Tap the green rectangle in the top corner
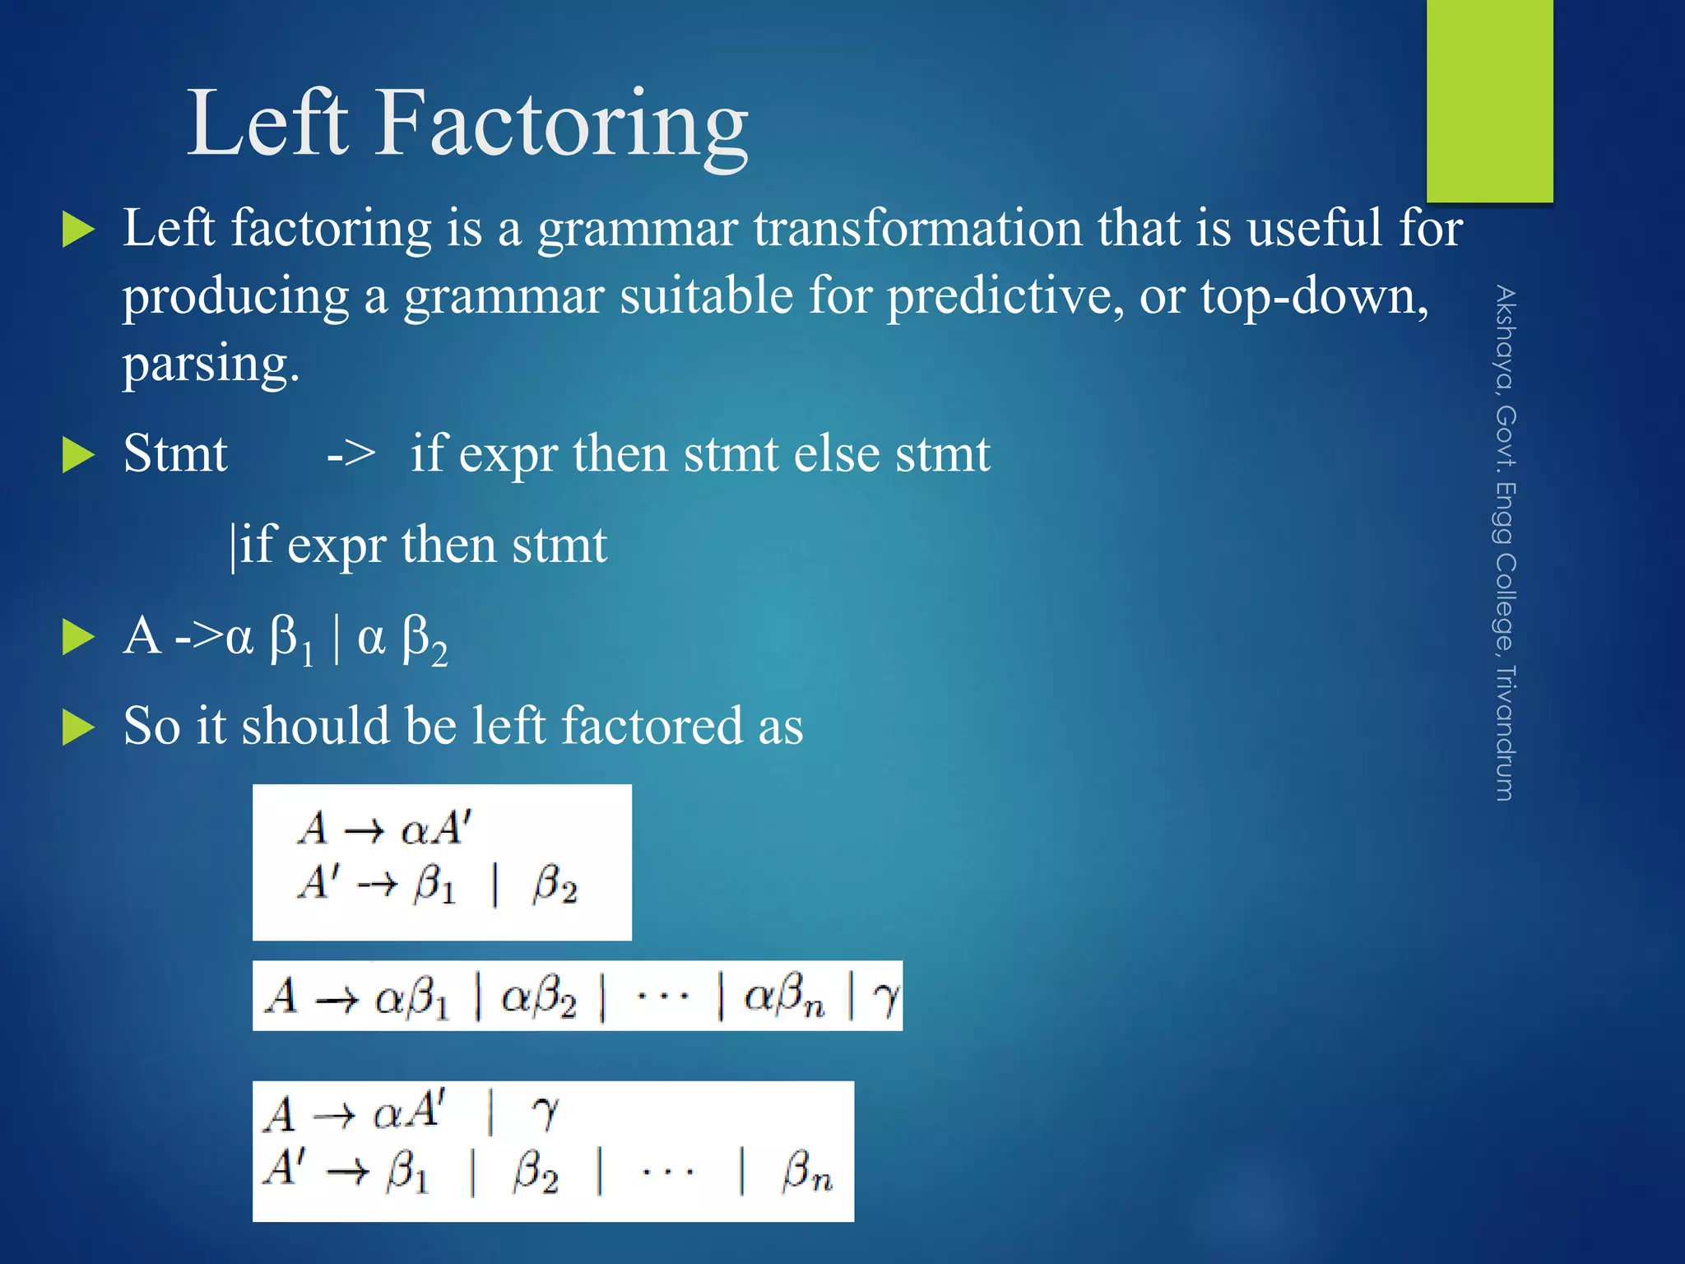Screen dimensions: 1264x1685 pos(1489,99)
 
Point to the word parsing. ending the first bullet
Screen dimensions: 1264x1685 pos(211,364)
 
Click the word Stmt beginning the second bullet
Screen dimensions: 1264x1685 pos(174,453)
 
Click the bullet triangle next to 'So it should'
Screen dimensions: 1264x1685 pos(79,727)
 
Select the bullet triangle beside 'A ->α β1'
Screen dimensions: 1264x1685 pos(79,638)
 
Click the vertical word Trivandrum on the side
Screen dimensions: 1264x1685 pos(1505,732)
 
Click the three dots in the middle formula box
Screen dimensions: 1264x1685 pos(663,997)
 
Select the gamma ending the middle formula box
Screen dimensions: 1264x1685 pos(885,997)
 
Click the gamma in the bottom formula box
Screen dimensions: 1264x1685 pos(545,1113)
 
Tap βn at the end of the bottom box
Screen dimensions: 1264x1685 pos(806,1172)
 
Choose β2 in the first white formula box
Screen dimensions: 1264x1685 pos(555,885)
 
